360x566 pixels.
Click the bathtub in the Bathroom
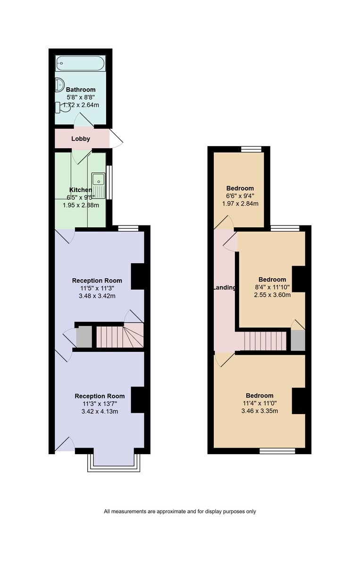coord(80,63)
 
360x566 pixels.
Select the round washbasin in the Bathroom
coord(59,84)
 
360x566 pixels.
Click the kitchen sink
coord(98,185)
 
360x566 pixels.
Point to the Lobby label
coord(81,139)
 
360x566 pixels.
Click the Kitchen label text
coord(81,190)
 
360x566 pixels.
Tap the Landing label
coord(225,288)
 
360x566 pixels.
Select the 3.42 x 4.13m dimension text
coord(100,411)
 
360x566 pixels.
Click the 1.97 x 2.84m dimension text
coord(240,203)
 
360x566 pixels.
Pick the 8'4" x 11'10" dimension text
coord(272,287)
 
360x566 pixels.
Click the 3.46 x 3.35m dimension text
coord(260,411)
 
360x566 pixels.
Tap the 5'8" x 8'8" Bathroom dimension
coord(81,97)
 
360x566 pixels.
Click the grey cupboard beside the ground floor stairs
coord(84,337)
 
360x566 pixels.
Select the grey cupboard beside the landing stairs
coord(298,340)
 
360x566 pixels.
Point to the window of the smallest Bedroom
coord(251,150)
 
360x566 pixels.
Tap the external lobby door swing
coord(116,139)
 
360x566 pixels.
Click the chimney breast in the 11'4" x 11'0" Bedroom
coord(299,401)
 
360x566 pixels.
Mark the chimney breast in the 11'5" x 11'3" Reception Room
coord(137,276)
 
